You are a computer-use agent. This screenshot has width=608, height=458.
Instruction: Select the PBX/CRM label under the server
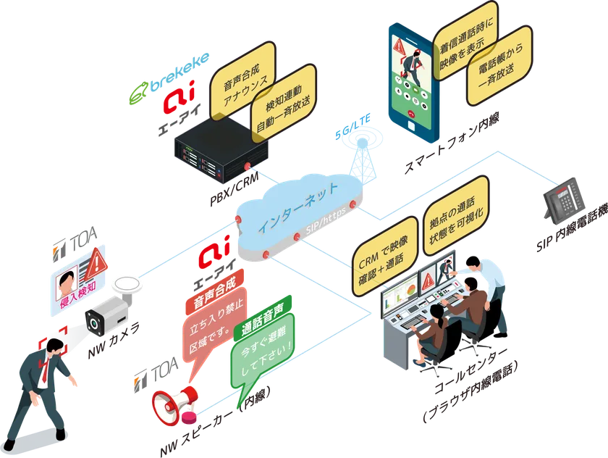235,188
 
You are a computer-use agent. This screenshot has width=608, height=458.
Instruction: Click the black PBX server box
221,151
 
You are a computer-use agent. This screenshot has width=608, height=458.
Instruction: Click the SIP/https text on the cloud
326,221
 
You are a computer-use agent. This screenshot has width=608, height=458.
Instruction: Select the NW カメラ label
113,341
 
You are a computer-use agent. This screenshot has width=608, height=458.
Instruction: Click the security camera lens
94,322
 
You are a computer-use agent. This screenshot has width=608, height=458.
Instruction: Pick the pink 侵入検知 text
78,294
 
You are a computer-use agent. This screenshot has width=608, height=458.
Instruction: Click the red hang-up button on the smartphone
412,114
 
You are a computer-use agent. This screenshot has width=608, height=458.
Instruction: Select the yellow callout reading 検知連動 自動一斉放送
284,104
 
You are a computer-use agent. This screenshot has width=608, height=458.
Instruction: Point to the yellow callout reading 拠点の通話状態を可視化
456,216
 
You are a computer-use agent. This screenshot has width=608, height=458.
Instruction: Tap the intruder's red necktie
46,369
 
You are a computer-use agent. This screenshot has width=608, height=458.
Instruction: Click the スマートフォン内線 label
452,143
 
